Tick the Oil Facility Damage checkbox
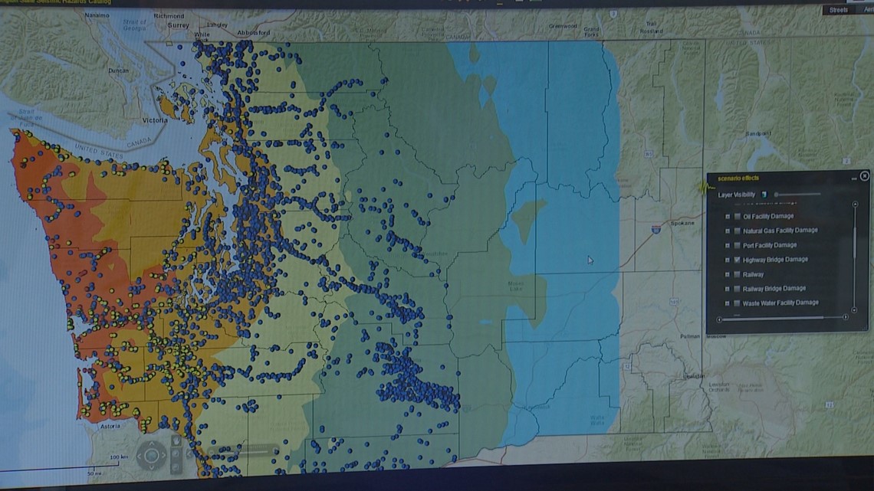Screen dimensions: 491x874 coord(737,217)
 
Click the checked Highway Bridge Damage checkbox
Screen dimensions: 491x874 coord(737,260)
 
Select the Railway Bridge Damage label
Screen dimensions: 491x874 coord(774,289)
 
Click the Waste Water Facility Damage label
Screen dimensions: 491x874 coord(780,303)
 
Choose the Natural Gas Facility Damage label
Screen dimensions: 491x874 coord(780,231)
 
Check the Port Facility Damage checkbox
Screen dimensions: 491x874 coord(737,245)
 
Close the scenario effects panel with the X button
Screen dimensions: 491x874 coord(865,176)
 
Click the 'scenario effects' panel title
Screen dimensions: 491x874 coord(739,178)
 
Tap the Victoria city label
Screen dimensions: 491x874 coord(155,121)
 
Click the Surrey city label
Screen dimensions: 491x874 coord(178,25)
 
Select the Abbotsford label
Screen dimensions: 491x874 coord(254,33)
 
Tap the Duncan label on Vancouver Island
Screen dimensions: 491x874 coord(119,70)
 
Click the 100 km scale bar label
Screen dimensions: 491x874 coord(119,457)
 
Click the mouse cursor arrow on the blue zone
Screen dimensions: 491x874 coord(590,260)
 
